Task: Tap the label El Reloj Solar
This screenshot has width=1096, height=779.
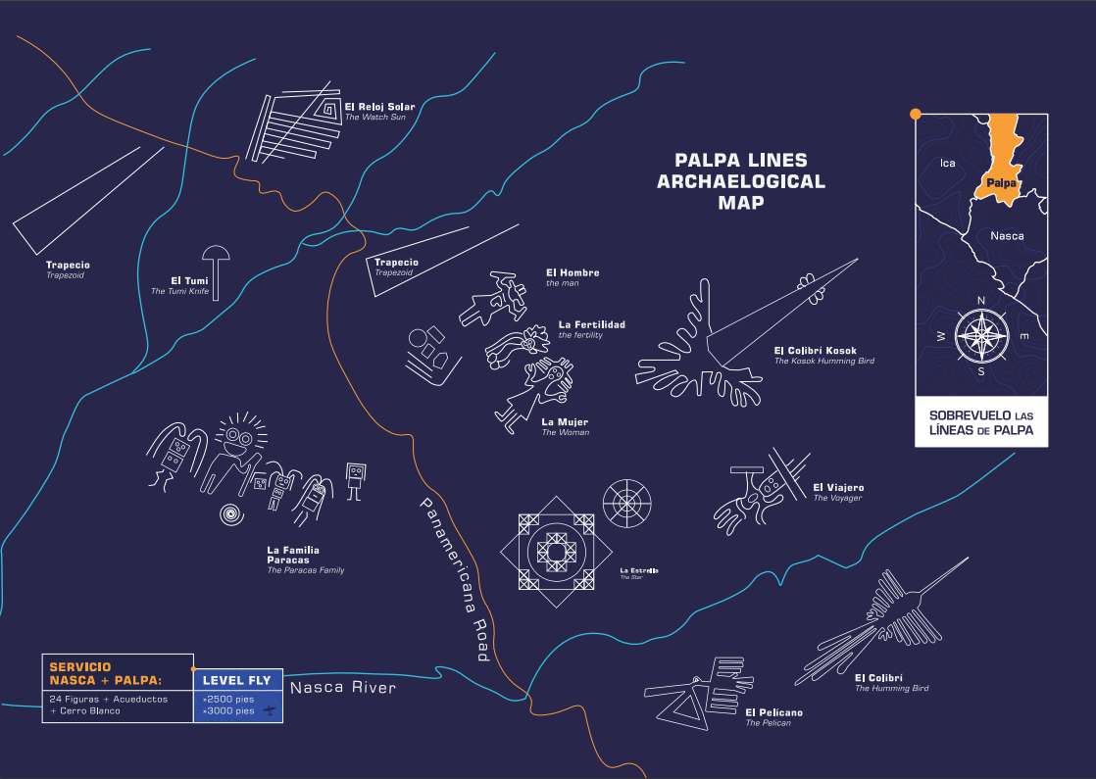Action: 379,107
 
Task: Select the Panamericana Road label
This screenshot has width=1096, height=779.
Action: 454,579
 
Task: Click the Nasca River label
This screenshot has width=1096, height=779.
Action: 342,687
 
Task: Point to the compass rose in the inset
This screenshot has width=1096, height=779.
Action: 980,333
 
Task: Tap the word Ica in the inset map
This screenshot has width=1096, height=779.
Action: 947,163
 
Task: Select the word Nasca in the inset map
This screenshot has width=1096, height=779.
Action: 1007,236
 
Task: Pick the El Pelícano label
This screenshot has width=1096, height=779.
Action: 773,712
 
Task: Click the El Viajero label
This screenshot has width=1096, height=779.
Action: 838,487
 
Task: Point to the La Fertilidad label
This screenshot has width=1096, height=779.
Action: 591,324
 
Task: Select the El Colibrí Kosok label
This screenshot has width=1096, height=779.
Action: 815,350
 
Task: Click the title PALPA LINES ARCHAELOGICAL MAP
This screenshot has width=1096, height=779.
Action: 741,181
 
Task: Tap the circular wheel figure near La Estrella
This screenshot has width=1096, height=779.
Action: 626,503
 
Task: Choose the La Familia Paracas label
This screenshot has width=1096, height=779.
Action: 293,555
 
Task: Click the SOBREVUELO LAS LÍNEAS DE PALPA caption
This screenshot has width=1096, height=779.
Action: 980,422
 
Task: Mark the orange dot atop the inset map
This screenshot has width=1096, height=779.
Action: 916,114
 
